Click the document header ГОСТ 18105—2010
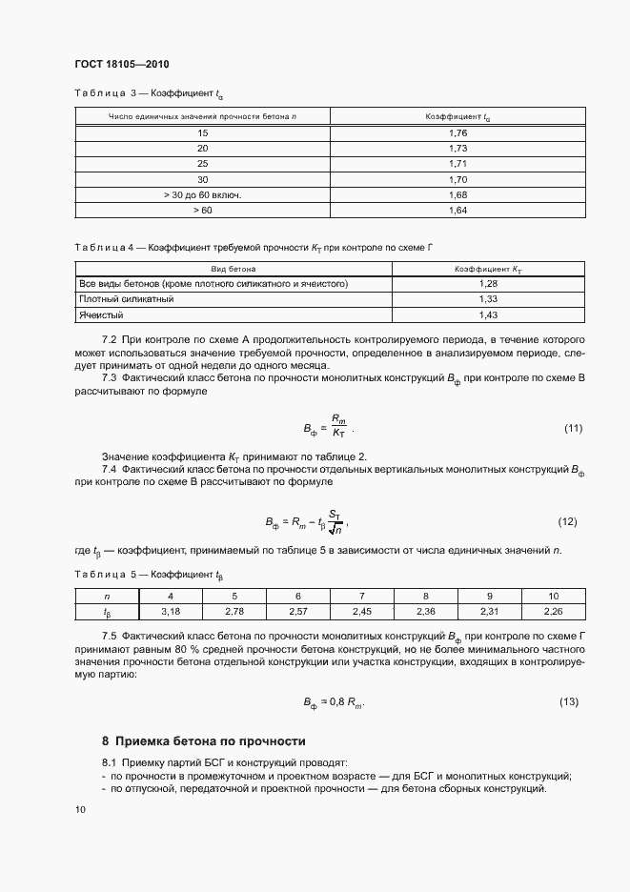tap(115, 64)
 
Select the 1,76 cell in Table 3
tap(456, 132)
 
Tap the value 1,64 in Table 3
tap(456, 210)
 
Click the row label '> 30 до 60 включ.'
tap(202, 194)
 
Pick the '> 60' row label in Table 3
tap(202, 210)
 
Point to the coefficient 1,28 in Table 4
tap(487, 284)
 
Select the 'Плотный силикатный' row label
tap(126, 299)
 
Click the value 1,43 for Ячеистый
tap(487, 314)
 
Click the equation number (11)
tap(573, 427)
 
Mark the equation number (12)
tap(568, 522)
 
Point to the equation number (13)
tap(569, 702)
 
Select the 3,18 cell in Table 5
tap(171, 610)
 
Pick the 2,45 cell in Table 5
tap(361, 610)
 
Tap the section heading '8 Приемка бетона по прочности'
tap(203, 740)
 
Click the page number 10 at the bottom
tap(79, 809)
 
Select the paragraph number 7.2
tap(109, 339)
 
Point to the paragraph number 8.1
tap(109, 762)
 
